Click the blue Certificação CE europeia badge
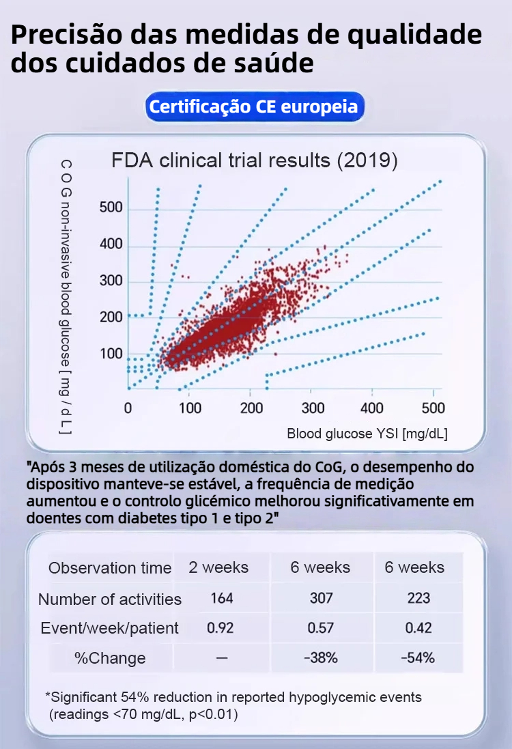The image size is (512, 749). pos(253,107)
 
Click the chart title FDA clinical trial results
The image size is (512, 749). pos(255,161)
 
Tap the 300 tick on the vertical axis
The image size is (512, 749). pos(111,281)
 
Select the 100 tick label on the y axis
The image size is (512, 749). pos(111,354)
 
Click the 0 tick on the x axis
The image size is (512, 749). pos(128,408)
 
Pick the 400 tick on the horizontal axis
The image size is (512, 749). pos(372,408)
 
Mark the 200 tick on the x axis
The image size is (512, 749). pos(250,408)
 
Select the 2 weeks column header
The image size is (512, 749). pos(219,567)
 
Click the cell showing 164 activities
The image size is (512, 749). pos(222,598)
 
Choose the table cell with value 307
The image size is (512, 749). pos(321,598)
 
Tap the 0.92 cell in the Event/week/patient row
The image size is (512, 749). pos(221,628)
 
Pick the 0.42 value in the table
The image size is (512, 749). pos(418,628)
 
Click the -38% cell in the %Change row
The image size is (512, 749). pos(321,658)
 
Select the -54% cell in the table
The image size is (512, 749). pos(418,658)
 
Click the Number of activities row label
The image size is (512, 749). pos(110,599)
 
